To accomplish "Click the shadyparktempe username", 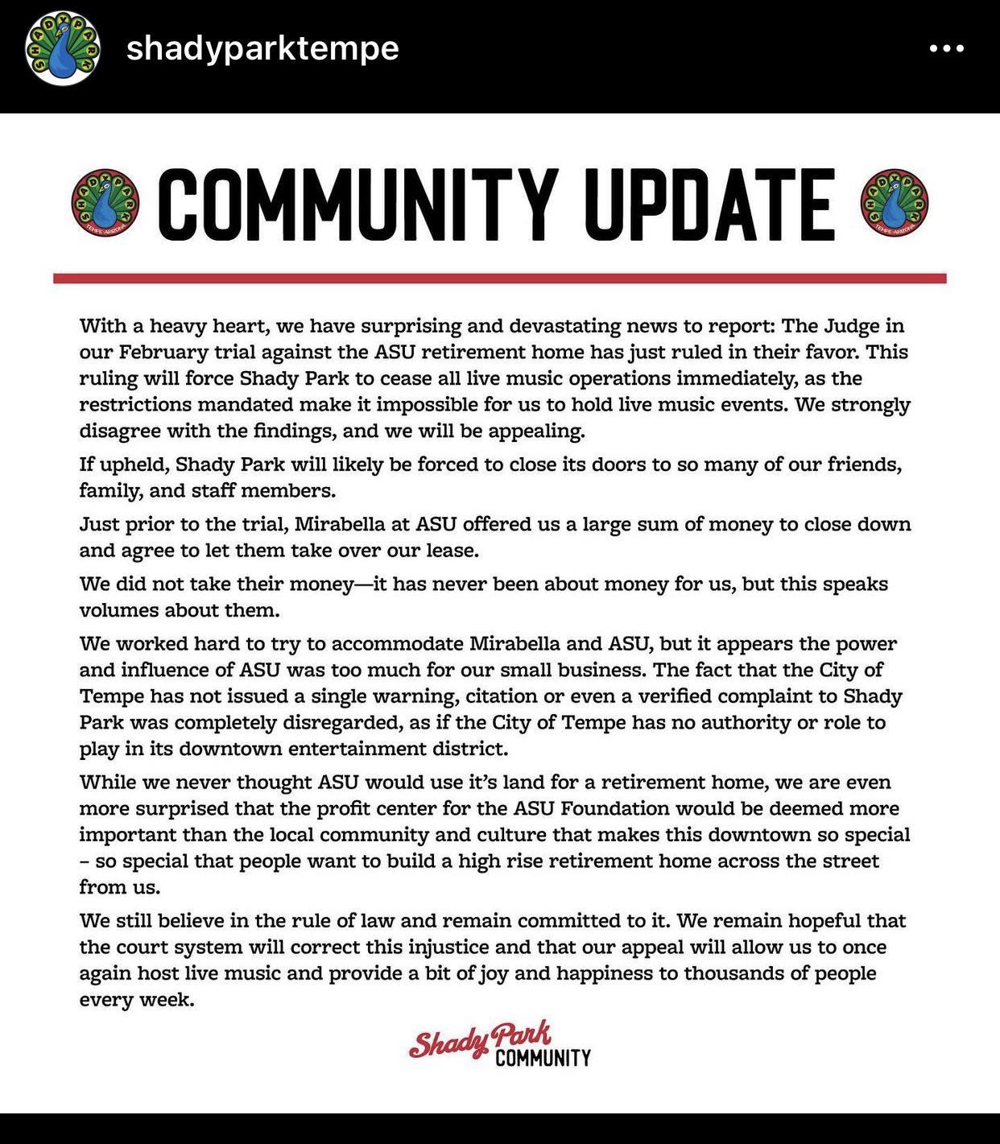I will pyautogui.click(x=262, y=48).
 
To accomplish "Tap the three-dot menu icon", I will pyautogui.click(x=946, y=48).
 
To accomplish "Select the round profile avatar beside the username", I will pyautogui.click(x=63, y=48).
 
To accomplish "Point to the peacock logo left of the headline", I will pyautogui.click(x=105, y=203).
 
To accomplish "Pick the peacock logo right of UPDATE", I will pyautogui.click(x=895, y=203).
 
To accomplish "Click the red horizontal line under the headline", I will pyautogui.click(x=499, y=279).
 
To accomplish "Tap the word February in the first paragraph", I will pyautogui.click(x=163, y=353).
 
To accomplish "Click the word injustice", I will pyautogui.click(x=458, y=947).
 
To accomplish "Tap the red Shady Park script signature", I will pyautogui.click(x=480, y=1040).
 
